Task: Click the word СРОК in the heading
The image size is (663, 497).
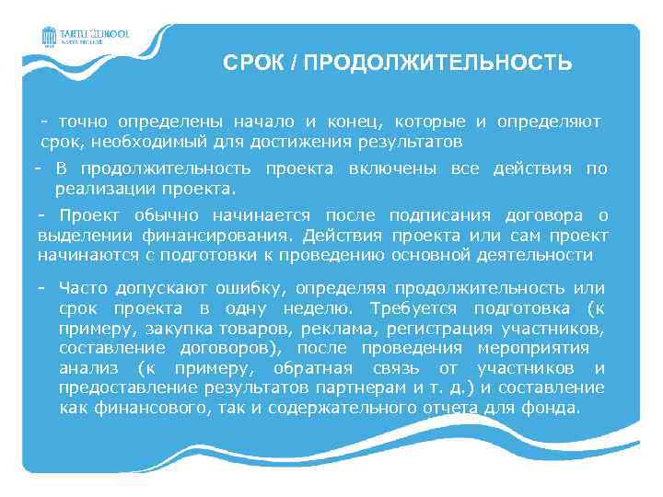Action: (250, 64)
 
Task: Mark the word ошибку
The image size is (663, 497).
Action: (242, 289)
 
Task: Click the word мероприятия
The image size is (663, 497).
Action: (533, 348)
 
